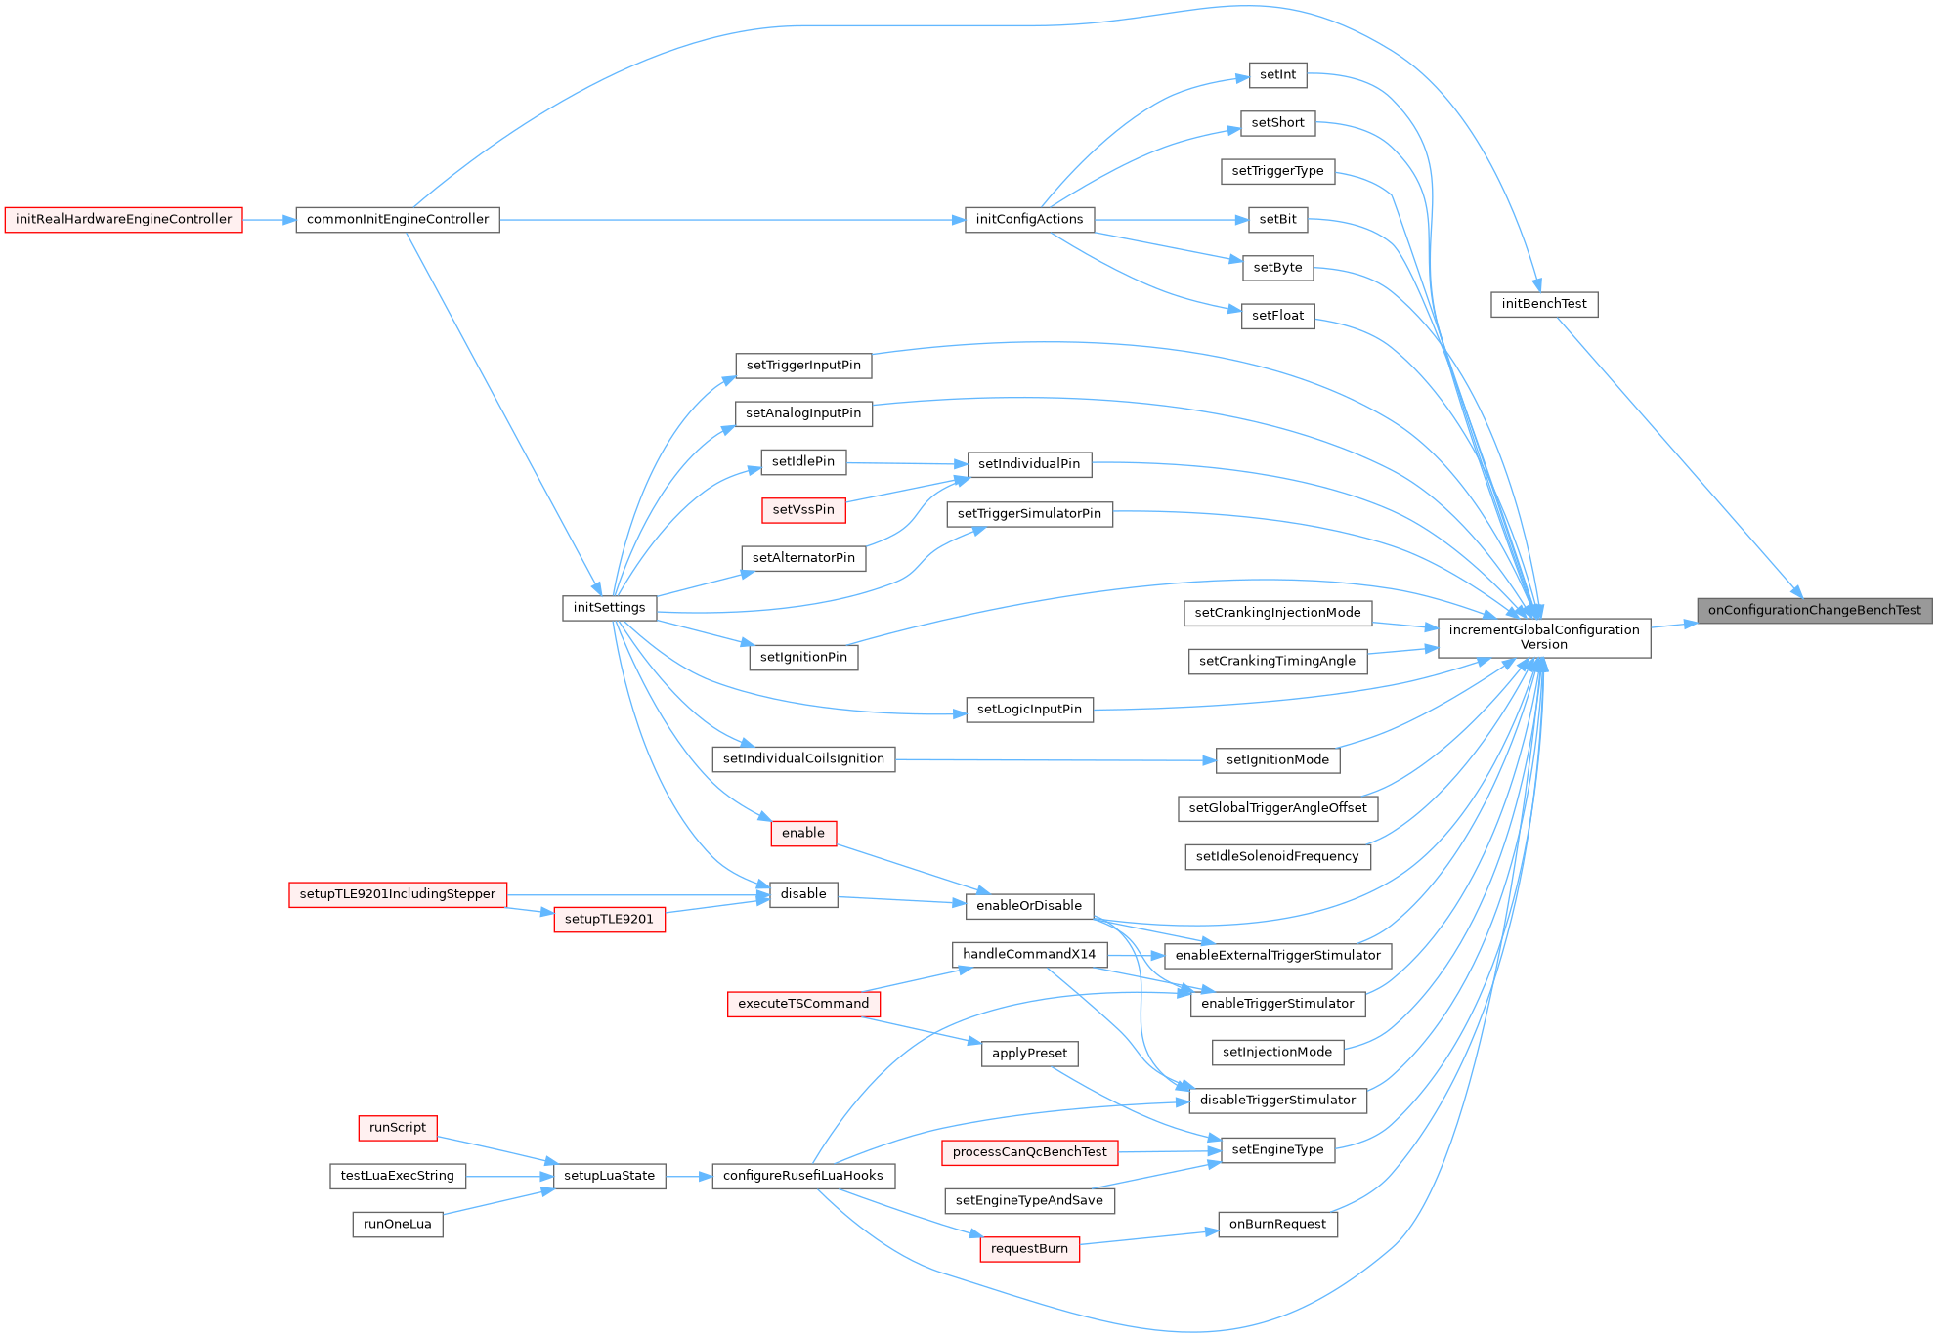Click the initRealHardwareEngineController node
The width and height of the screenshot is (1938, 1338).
point(123,220)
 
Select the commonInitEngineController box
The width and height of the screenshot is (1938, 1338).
point(397,220)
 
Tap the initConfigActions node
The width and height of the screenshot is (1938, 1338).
point(1029,220)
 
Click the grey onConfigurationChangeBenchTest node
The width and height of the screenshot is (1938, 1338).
point(1814,611)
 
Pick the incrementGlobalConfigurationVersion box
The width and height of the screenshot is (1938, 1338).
point(1543,637)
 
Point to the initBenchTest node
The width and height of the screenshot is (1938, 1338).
point(1543,304)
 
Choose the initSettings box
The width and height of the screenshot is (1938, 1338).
point(609,608)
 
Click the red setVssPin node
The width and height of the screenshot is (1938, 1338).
point(803,510)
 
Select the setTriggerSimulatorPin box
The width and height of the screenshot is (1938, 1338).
point(1029,514)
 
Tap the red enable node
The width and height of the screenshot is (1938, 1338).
point(803,834)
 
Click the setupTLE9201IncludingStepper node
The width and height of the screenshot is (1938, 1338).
point(398,894)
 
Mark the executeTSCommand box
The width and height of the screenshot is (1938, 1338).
point(803,1004)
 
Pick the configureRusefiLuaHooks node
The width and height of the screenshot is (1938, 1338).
point(803,1176)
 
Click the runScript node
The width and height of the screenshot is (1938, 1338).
point(398,1128)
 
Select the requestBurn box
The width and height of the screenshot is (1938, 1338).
point(1029,1249)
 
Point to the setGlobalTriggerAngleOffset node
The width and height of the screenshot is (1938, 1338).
point(1277,808)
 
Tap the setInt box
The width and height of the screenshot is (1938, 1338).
point(1277,75)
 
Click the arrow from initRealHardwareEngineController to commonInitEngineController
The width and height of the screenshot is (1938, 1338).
point(269,220)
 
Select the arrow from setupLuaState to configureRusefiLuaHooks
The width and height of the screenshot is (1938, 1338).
point(689,1177)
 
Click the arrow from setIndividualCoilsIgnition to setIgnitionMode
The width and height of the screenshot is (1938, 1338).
point(1055,759)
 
